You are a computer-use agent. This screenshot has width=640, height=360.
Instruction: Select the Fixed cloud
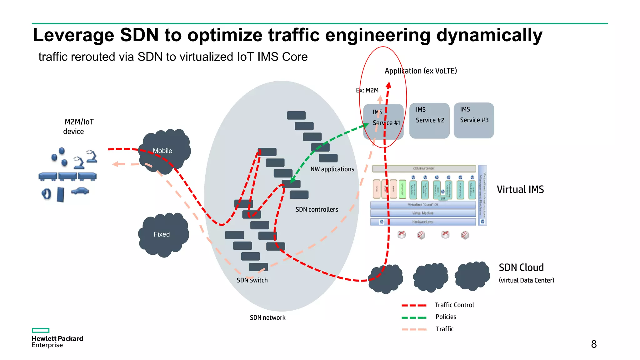click(163, 234)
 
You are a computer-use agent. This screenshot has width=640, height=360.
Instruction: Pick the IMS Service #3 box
click(474, 121)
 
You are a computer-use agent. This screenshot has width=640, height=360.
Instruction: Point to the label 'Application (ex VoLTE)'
click(421, 71)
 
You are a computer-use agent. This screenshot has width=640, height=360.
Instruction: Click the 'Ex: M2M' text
click(367, 90)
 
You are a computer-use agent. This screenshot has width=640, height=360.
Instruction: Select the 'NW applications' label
click(332, 169)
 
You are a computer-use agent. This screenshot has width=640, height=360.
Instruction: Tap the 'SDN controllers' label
click(317, 209)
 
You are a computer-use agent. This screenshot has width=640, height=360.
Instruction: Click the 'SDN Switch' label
click(252, 280)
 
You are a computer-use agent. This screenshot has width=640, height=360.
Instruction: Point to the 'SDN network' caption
click(267, 317)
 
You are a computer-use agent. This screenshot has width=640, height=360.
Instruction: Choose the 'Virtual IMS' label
click(520, 189)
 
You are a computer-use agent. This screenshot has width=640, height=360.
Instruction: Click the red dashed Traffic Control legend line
click(414, 305)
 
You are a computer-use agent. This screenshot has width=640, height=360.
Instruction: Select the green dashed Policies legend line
click(414, 317)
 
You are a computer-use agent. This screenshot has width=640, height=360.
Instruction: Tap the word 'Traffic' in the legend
click(444, 329)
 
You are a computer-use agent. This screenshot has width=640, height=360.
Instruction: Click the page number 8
click(594, 344)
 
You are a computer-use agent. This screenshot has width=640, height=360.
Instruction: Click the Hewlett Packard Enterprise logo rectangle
click(41, 330)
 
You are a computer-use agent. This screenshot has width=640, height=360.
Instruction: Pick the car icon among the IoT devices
click(80, 191)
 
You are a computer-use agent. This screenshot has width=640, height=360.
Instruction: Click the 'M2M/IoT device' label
click(78, 127)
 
